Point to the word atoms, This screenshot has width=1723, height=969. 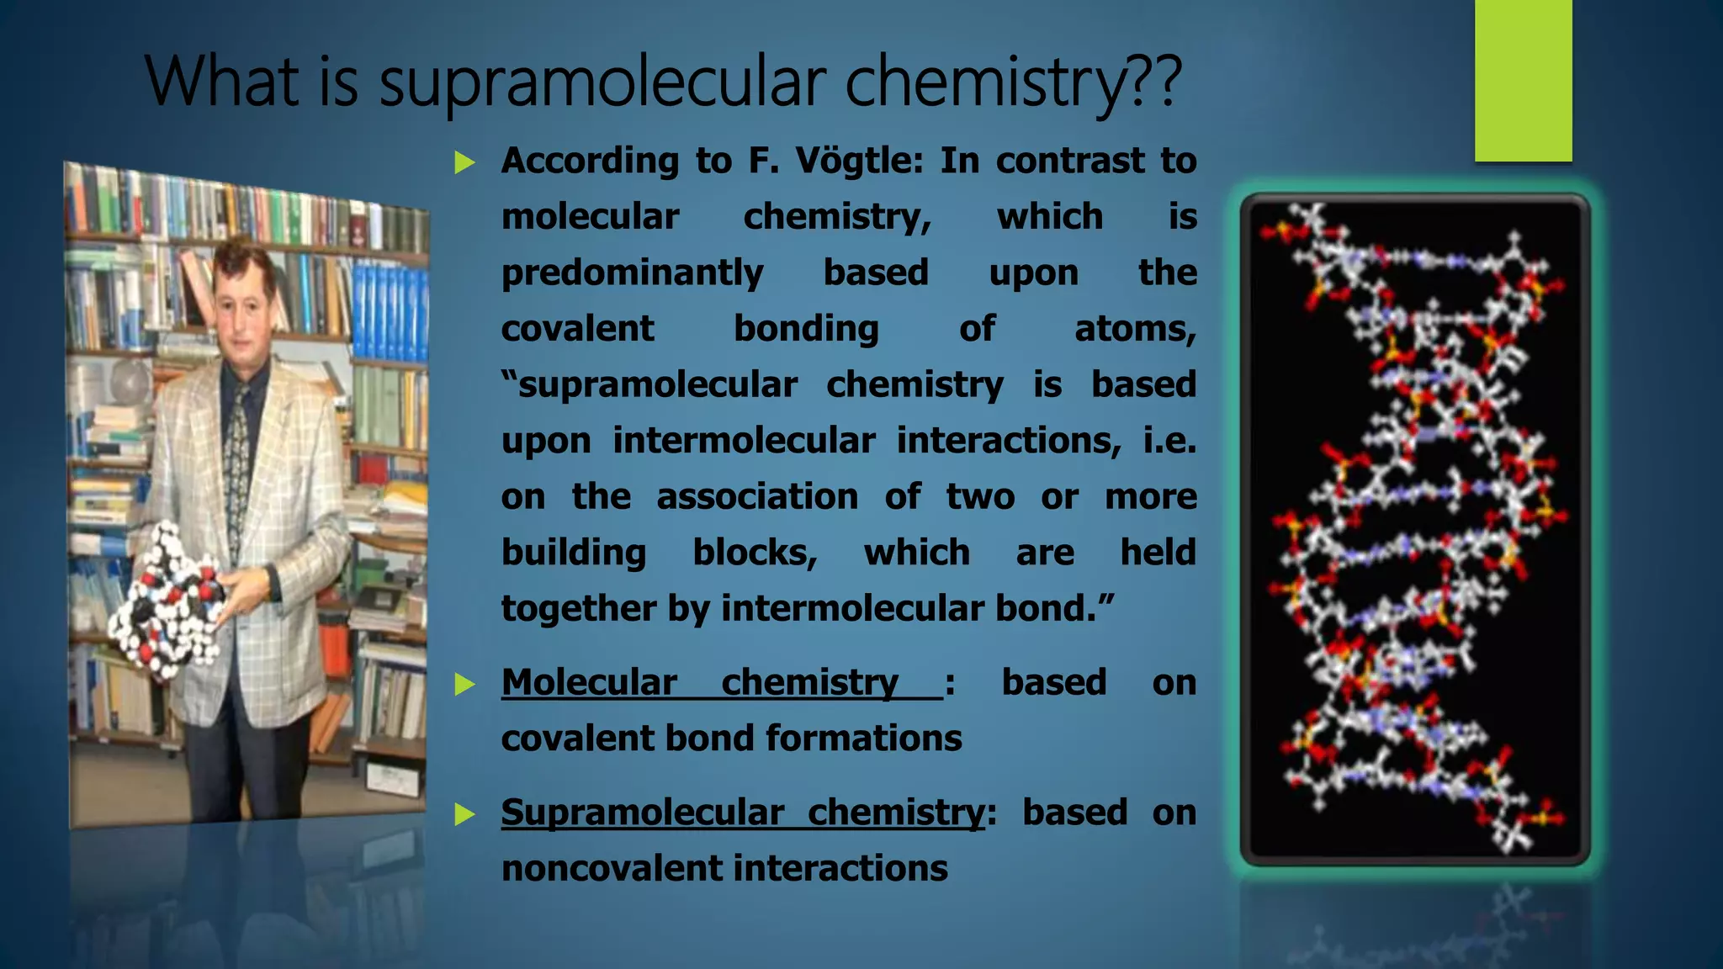pos(1135,329)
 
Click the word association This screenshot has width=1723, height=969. pos(757,496)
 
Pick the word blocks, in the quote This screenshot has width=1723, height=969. pos(755,553)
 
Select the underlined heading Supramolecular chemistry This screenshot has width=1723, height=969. pos(742,813)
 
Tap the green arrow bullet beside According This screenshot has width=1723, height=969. pos(464,161)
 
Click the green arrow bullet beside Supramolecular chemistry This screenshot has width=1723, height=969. pos(464,813)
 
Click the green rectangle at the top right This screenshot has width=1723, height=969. pos(1523,80)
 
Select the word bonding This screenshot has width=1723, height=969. pos(806,329)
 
